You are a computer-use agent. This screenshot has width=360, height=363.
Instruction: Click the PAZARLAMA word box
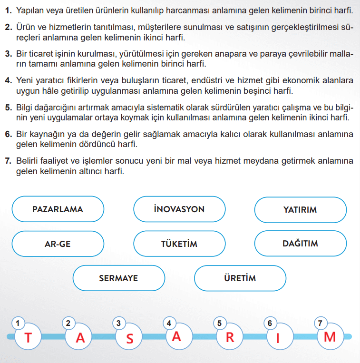pyautogui.click(x=58, y=209)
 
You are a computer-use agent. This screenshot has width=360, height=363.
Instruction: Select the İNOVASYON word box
pyautogui.click(x=179, y=209)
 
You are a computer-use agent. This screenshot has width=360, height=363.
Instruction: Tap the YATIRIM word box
pyautogui.click(x=300, y=209)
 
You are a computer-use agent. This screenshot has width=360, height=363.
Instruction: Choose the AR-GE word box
pyautogui.click(x=58, y=244)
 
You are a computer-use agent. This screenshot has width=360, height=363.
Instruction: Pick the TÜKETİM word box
pyautogui.click(x=179, y=244)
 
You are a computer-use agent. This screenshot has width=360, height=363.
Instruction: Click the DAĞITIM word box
pyautogui.click(x=300, y=244)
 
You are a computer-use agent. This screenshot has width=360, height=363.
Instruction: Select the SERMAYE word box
pyautogui.click(x=118, y=278)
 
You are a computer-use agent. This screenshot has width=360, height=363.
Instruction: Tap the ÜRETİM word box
pyautogui.click(x=240, y=278)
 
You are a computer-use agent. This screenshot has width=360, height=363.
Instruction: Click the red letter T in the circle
pyautogui.click(x=28, y=338)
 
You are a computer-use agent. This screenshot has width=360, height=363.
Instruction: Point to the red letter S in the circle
pyautogui.click(x=129, y=339)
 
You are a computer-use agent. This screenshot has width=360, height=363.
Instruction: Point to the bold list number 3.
pyautogui.click(x=8, y=54)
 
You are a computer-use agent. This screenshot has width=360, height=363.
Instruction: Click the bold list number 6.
pyautogui.click(x=8, y=135)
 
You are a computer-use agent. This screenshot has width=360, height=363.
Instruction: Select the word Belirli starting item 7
pyautogui.click(x=29, y=161)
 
